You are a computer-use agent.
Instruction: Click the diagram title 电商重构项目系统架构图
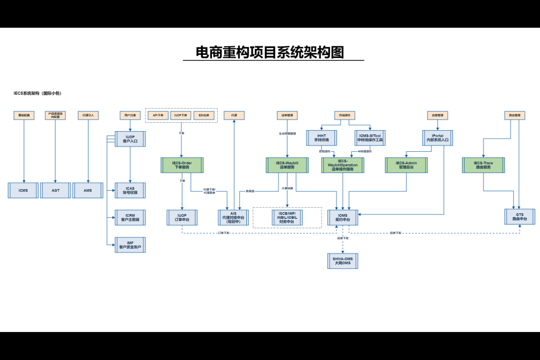click(x=269, y=52)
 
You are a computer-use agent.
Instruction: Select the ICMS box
click(x=23, y=190)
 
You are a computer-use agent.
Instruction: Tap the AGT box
click(x=55, y=190)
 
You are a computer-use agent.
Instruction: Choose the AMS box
click(x=88, y=190)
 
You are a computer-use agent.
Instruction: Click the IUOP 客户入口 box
click(x=130, y=139)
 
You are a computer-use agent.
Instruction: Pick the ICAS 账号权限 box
click(x=130, y=190)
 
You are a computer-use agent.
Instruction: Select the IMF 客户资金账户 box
click(x=130, y=245)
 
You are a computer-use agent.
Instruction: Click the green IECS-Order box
click(x=182, y=165)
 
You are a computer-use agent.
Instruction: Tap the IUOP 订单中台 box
click(x=182, y=217)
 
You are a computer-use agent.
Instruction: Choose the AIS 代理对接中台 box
click(x=234, y=218)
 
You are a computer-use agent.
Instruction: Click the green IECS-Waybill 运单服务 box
click(x=287, y=165)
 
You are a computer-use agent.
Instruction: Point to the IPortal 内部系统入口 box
click(x=437, y=138)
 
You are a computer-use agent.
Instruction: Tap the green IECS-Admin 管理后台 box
click(x=406, y=165)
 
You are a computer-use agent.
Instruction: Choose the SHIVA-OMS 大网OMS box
click(x=342, y=260)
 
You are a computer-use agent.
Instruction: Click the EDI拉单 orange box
click(x=204, y=115)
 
